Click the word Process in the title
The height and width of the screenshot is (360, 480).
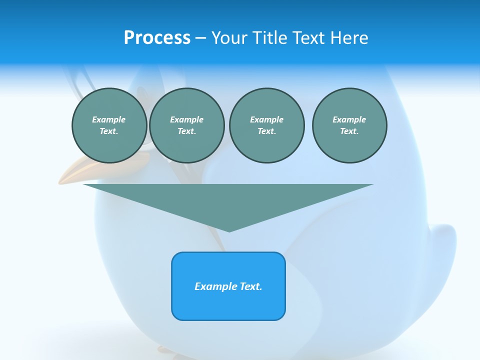pyautogui.click(x=157, y=37)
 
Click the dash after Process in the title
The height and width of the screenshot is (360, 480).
pyautogui.click(x=200, y=38)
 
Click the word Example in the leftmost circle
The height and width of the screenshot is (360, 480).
pyautogui.click(x=109, y=119)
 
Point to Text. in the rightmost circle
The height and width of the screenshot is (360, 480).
pyautogui.click(x=349, y=131)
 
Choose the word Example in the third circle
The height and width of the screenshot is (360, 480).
pyautogui.click(x=266, y=119)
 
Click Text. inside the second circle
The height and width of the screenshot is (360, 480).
pyautogui.click(x=186, y=131)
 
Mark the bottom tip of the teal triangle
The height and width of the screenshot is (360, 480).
pyautogui.click(x=229, y=230)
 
